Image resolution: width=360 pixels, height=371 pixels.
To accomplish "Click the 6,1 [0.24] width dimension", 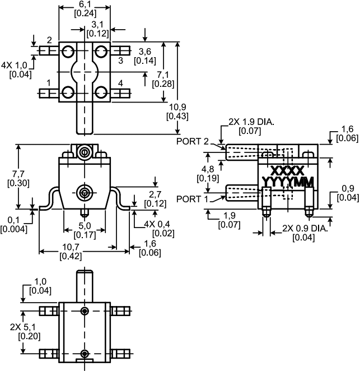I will (x=85, y=8).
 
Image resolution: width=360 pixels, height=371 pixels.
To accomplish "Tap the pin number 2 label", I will (x=49, y=40).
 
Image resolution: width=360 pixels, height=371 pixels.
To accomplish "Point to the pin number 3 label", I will (x=120, y=59).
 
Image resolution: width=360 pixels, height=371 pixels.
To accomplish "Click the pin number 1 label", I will (x=49, y=83).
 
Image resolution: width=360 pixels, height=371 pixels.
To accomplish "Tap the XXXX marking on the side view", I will (x=287, y=170).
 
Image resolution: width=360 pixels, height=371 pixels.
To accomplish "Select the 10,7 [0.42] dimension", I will (x=69, y=252).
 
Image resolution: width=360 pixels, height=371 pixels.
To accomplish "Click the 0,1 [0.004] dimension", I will (x=13, y=224).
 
